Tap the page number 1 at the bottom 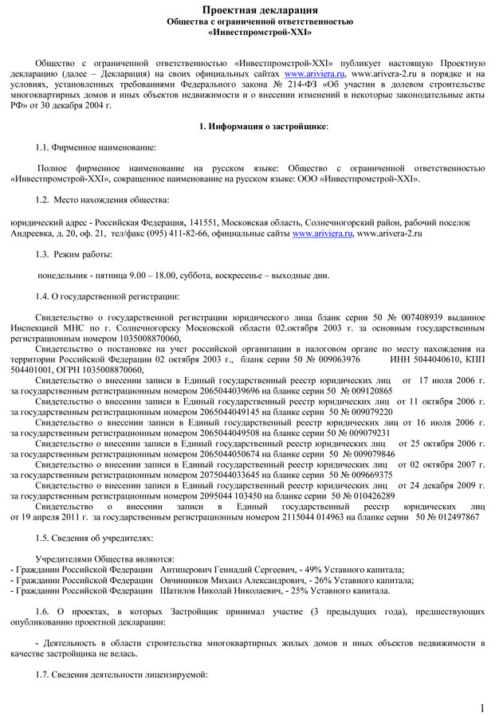pyautogui.click(x=483, y=707)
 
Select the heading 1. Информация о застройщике pyautogui.click(x=263, y=127)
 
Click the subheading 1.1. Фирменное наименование pyautogui.click(x=96, y=148)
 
